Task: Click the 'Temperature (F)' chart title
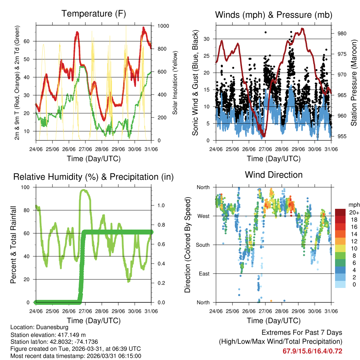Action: tap(94, 14)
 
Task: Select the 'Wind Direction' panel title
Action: tap(274, 175)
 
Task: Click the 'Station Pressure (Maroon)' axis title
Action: tap(354, 82)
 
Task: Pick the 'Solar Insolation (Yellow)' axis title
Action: tap(175, 82)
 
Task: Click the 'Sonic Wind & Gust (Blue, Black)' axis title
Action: tap(195, 82)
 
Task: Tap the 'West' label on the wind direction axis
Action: tap(203, 216)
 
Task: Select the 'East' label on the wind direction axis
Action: tap(204, 274)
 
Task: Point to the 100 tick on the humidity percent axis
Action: tap(27, 187)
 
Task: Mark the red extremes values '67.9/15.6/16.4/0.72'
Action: tap(312, 351)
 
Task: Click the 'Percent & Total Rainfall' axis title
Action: tap(13, 245)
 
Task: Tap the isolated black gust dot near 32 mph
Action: tap(265, 32)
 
